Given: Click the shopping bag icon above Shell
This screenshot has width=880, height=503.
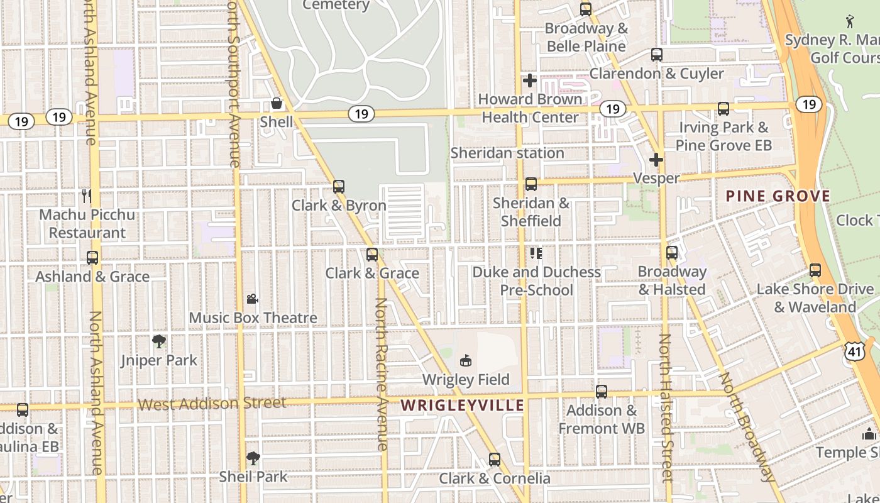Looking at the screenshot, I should tap(276, 103).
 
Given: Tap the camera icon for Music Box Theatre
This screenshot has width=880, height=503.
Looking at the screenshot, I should tap(252, 299).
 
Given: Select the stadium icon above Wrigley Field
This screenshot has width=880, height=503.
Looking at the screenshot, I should tap(466, 360).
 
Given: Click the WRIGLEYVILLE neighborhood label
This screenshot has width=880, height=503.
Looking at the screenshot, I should tap(463, 405).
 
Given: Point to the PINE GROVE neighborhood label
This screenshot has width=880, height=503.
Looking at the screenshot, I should tap(778, 196).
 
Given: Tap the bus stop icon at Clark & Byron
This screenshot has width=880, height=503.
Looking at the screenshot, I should tap(339, 186).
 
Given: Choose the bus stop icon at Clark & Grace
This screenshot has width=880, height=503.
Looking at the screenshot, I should tap(372, 254).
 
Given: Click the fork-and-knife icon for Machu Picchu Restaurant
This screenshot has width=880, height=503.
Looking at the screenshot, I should tap(87, 196).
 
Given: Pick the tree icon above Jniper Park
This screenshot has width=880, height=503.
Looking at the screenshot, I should tap(159, 341).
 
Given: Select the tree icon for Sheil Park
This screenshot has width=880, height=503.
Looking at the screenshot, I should tap(253, 458).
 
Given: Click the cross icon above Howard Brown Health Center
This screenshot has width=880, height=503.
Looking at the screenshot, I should tap(530, 80).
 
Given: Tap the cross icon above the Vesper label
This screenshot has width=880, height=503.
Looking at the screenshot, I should tap(656, 160).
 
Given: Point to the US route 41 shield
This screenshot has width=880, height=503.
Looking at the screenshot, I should tap(854, 351).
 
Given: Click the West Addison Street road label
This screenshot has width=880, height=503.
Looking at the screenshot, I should tap(212, 403).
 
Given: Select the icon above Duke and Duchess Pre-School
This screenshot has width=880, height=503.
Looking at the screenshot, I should tap(536, 253).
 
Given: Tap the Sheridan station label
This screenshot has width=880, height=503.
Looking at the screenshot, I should tap(507, 153).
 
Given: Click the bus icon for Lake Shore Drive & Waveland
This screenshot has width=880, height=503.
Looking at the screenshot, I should tap(815, 270).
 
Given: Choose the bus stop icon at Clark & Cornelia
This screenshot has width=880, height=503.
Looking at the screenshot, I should tap(495, 460).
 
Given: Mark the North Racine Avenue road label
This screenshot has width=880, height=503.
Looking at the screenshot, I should tap(381, 374).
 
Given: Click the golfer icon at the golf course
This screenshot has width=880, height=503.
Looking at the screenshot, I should tap(850, 21).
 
